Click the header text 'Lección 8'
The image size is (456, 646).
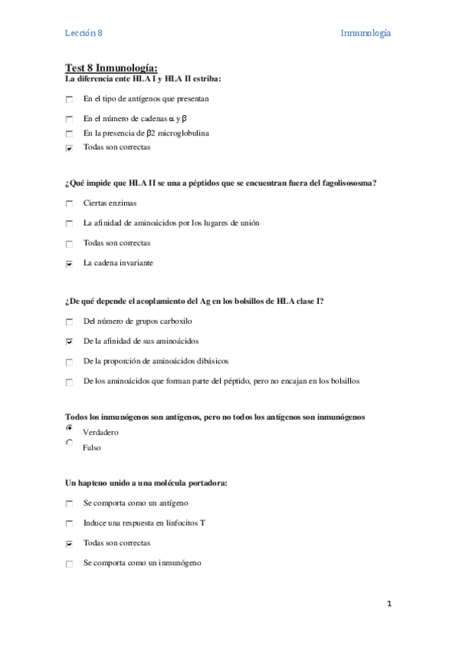click(83, 33)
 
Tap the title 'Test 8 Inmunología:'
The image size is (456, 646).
click(111, 69)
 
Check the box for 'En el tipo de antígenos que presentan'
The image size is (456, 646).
click(69, 100)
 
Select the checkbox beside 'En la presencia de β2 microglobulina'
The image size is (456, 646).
click(69, 134)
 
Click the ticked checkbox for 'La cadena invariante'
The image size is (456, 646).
click(69, 264)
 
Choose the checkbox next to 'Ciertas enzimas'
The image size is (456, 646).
click(69, 203)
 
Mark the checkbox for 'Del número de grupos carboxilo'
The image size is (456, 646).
click(69, 322)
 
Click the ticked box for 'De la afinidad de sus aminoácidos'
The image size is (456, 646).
click(69, 342)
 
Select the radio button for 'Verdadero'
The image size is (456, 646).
click(69, 429)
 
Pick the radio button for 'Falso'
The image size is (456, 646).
click(69, 443)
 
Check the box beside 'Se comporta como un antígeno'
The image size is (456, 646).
click(69, 504)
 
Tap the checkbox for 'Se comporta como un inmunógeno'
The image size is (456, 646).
click(69, 564)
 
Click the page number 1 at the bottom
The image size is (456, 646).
click(388, 604)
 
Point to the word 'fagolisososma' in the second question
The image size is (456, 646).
click(346, 183)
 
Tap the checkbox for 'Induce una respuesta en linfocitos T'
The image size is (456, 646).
click(69, 524)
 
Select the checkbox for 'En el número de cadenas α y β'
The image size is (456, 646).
click(69, 120)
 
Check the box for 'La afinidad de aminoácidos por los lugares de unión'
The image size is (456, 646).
click(69, 224)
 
